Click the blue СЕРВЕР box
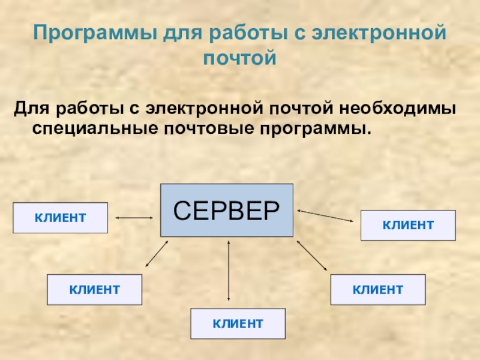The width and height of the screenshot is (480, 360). [226, 210]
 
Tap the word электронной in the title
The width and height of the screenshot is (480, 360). [379, 33]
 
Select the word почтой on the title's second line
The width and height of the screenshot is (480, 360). [239, 59]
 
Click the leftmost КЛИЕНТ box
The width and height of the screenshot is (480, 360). [60, 217]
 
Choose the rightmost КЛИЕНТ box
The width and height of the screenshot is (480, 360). [408, 226]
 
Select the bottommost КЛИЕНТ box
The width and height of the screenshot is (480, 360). [238, 324]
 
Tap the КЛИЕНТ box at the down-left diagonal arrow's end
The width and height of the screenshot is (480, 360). [95, 290]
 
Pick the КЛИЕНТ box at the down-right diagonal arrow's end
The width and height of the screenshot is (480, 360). [377, 290]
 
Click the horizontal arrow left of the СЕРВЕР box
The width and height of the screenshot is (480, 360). [134, 217]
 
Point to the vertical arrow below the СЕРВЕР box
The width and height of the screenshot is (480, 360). [229, 270]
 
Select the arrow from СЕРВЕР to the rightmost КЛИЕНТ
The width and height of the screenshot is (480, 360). [325, 215]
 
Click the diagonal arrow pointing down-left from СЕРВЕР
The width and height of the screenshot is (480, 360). [157, 253]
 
